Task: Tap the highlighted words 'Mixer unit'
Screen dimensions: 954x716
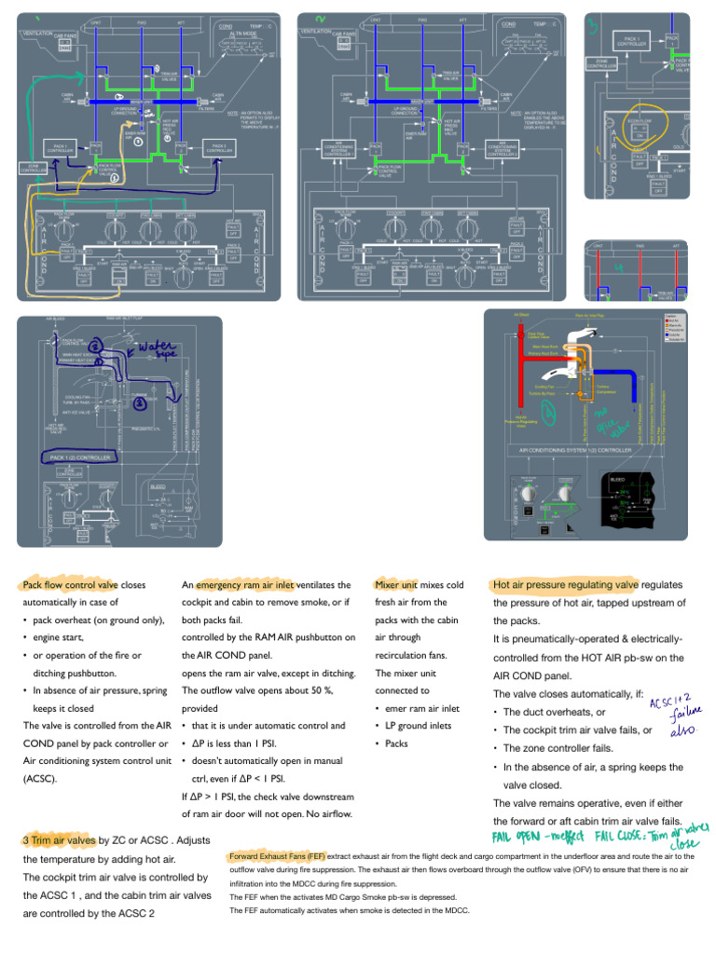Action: point(396,585)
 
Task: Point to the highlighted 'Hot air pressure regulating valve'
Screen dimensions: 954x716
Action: point(565,585)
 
